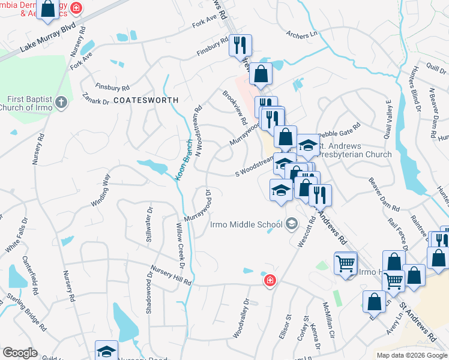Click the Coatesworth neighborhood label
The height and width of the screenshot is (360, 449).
pos(146,100)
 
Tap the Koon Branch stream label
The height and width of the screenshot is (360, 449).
pos(183,164)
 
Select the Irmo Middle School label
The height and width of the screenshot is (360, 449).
pos(246,225)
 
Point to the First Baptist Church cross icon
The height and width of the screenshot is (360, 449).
pos(61,103)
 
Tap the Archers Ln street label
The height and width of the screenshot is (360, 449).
pos(301,35)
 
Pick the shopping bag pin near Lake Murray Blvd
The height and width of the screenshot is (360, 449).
pos(48,10)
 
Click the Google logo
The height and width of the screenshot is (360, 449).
pos(20,353)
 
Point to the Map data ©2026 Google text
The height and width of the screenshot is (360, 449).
pos(411,355)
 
